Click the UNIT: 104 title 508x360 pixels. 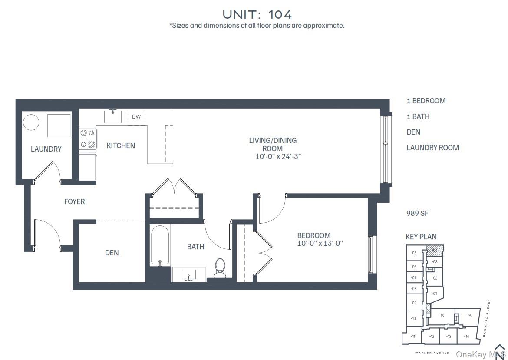(257, 14)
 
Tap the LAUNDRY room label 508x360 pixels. (46, 149)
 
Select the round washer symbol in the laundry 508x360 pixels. (31, 122)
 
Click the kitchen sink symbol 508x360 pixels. (113, 116)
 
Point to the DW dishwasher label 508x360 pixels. (136, 117)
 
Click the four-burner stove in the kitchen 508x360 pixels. (87, 139)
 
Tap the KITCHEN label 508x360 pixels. (121, 145)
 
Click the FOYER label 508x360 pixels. (74, 201)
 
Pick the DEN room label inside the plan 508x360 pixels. (112, 253)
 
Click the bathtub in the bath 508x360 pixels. (160, 246)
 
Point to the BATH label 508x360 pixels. (195, 247)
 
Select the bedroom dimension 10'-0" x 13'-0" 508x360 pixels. (320, 244)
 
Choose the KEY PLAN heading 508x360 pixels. (421, 237)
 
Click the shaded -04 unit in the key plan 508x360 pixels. (435, 251)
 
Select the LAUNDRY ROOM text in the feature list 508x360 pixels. (432, 148)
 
